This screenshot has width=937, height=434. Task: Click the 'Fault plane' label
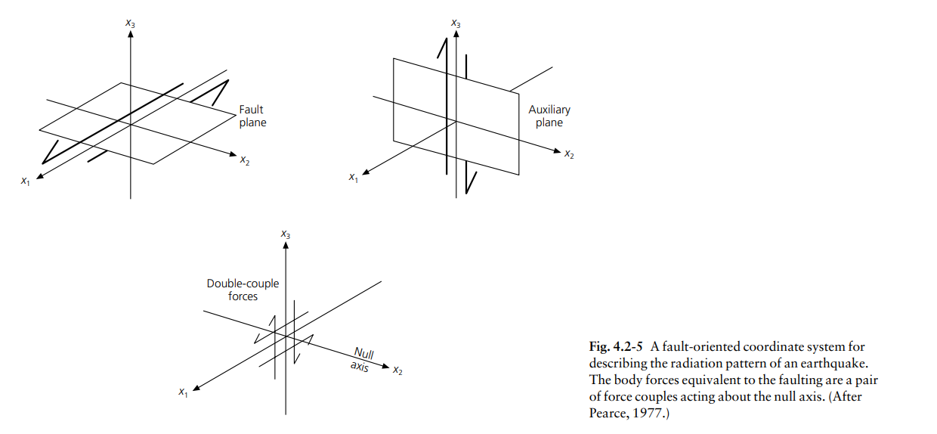[252, 116]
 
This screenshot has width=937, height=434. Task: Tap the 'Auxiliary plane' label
[549, 116]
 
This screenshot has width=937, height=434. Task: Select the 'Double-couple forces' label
[243, 290]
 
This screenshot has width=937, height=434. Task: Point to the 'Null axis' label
[362, 359]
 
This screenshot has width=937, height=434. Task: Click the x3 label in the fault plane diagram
[131, 23]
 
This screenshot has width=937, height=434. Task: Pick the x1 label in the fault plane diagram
[26, 181]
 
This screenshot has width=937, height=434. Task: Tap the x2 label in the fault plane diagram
[245, 160]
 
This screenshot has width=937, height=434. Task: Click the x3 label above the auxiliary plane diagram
[456, 23]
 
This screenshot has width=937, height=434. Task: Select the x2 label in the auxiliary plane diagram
[569, 153]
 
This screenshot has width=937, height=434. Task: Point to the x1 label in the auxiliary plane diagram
[354, 178]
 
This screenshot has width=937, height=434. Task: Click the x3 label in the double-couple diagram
[286, 234]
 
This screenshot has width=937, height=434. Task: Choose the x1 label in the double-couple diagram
[183, 392]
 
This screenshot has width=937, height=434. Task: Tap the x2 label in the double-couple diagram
[397, 370]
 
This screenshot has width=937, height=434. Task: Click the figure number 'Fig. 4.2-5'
[616, 346]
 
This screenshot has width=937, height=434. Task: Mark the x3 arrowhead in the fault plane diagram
[131, 33]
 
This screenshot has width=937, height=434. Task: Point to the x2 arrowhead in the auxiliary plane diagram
[557, 150]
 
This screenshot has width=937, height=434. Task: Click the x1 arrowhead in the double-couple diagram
[196, 388]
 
